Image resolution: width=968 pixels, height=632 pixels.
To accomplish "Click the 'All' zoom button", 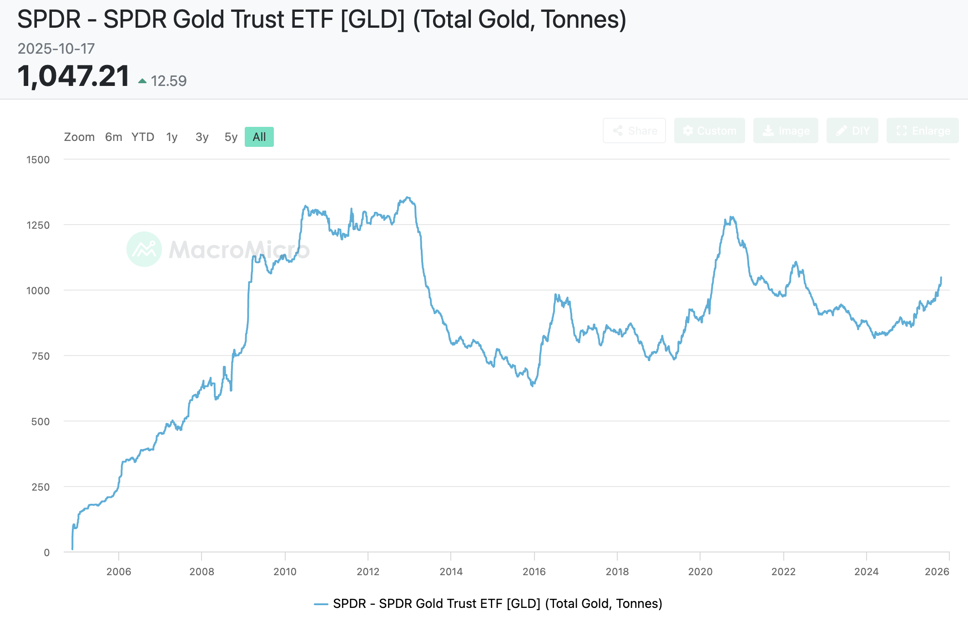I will point(259,137).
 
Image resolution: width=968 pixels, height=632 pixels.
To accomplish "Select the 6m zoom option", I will point(113,137).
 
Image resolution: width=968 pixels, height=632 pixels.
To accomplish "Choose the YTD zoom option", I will point(143,137).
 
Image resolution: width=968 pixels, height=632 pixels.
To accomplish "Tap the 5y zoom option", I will point(231,137).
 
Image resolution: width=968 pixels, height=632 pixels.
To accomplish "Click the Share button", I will point(634,131).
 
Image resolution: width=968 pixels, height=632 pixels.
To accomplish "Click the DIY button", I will point(852,131).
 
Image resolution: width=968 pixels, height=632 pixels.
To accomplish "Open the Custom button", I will point(709,131).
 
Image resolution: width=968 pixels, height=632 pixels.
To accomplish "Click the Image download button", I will point(786,131).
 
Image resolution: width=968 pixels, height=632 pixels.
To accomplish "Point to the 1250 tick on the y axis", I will point(38,225).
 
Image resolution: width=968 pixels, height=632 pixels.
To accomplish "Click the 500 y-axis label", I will point(40,421).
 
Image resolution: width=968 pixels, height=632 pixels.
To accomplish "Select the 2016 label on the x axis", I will point(534,572).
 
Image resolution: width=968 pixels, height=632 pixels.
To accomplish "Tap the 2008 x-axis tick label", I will point(202,572).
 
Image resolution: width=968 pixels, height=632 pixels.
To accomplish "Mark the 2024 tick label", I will point(866,572).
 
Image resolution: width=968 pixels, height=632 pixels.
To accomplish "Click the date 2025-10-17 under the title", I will point(56,49).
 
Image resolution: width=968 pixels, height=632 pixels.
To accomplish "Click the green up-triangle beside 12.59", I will point(142,81).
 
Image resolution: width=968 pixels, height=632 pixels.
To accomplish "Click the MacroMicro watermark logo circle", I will point(144,249).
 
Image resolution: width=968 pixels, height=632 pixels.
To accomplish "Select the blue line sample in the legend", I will point(321,604).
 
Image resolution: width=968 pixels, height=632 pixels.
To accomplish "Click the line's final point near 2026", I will point(941,277).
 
